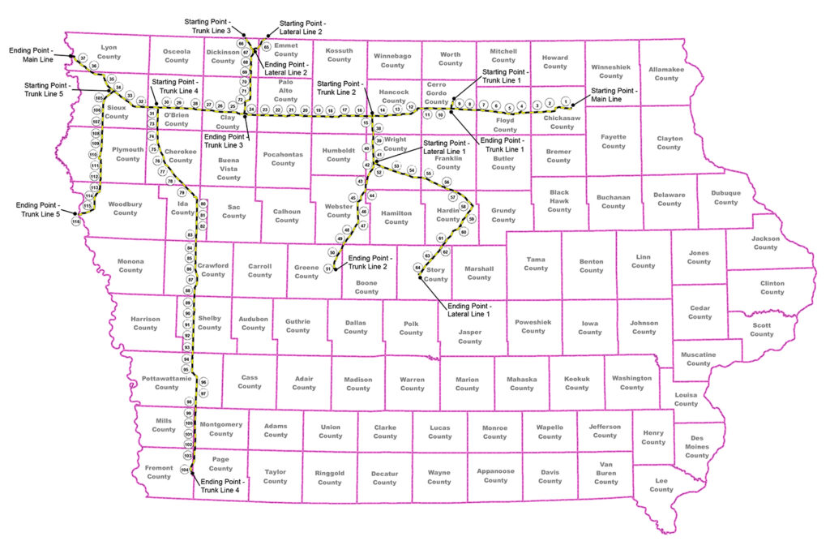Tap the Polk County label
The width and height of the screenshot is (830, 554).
point(411,327)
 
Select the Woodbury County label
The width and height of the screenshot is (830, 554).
point(125,208)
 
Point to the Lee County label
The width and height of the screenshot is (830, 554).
point(661,485)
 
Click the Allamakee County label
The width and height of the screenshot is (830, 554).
point(666,74)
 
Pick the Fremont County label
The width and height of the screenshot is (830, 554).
point(159,472)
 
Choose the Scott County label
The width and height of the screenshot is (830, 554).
point(762,329)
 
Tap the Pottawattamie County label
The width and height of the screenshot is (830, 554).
point(166,383)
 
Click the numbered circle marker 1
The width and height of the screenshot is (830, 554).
point(566,101)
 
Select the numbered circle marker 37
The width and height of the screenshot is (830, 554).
point(83,58)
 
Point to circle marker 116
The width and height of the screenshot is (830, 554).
point(76,221)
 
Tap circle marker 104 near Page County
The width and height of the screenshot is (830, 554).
point(185,470)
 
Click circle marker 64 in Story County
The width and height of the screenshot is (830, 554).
point(418,267)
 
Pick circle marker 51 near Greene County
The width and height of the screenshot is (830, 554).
point(328,268)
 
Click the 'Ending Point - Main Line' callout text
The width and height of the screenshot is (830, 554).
point(32,54)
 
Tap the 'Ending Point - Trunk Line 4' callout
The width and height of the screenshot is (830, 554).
point(224,486)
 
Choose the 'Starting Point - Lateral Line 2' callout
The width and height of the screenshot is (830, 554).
point(302,28)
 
